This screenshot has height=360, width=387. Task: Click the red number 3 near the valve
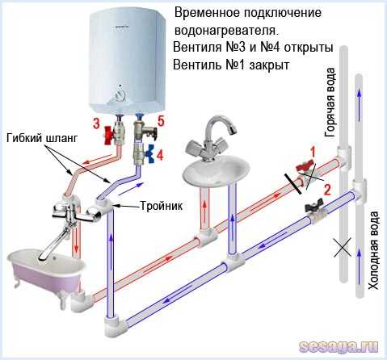96,123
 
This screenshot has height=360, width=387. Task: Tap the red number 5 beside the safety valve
161,121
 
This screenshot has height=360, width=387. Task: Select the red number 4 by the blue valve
160,155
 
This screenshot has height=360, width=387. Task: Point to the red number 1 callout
313,153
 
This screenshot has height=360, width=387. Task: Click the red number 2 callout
327,190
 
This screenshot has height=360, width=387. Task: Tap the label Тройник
162,206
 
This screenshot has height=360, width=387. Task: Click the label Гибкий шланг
42,139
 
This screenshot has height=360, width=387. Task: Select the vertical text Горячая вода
330,103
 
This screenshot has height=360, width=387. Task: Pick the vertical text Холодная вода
373,250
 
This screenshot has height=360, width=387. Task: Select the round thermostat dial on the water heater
120,95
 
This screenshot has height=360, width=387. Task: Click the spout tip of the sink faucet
233,130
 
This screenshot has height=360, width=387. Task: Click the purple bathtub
45,269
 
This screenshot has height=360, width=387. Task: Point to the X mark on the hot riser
343,248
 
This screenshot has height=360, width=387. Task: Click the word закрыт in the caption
269,65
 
